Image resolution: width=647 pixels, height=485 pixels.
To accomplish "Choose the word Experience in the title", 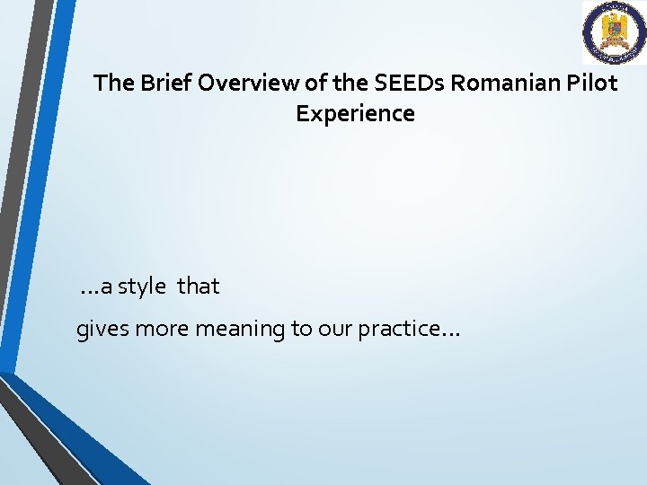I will tap(355, 114).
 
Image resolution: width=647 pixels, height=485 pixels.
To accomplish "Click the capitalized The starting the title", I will tap(113, 84).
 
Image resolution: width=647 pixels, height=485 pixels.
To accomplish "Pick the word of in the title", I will tap(316, 84).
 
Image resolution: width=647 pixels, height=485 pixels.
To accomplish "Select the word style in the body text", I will tap(142, 287).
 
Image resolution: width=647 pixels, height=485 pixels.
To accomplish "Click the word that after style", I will tap(199, 287).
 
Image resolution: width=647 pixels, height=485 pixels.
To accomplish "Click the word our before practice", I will tap(332, 330).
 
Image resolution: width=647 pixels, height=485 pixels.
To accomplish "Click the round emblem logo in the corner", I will tap(614, 32).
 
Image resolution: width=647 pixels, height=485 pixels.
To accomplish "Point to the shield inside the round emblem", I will tap(614, 31).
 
